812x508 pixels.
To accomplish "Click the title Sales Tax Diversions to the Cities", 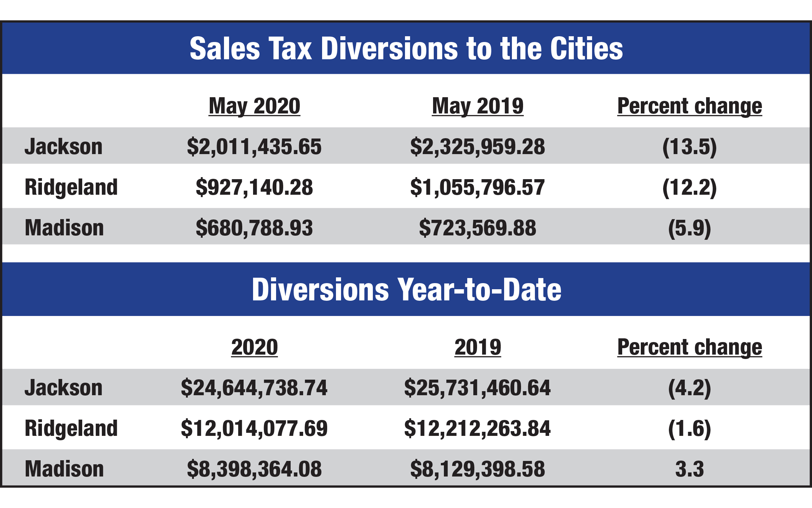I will [x=406, y=49].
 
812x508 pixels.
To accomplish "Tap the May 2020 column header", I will [x=254, y=106].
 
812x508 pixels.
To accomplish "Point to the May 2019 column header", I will [x=478, y=106].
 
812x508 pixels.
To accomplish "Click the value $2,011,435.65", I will [x=254, y=147].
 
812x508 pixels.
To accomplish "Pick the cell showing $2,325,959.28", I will [x=477, y=147].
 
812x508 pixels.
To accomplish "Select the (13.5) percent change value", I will [x=690, y=147].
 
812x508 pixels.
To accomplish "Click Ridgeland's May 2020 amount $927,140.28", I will [x=254, y=187].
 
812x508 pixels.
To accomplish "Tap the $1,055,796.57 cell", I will [x=477, y=187].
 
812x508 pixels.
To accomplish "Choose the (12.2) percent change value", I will [x=690, y=187].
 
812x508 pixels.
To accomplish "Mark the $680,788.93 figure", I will [x=254, y=228].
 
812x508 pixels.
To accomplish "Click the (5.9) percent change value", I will [x=690, y=228].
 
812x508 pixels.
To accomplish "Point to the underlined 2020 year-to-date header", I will [x=254, y=347].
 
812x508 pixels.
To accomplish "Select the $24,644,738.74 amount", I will [x=254, y=388].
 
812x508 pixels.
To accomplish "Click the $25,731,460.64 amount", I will [x=477, y=388].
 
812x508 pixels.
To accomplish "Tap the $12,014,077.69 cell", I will [x=254, y=428].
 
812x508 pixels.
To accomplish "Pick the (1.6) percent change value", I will [x=690, y=428].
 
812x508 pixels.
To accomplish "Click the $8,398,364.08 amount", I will [x=254, y=469].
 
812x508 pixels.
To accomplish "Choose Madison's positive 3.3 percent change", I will [x=690, y=469].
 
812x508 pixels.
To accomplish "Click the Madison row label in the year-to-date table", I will [x=64, y=469].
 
